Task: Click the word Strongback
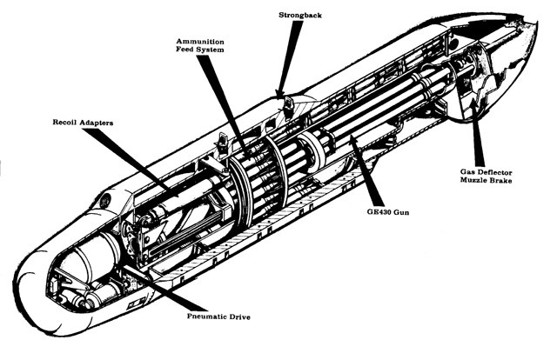[x=301, y=15]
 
